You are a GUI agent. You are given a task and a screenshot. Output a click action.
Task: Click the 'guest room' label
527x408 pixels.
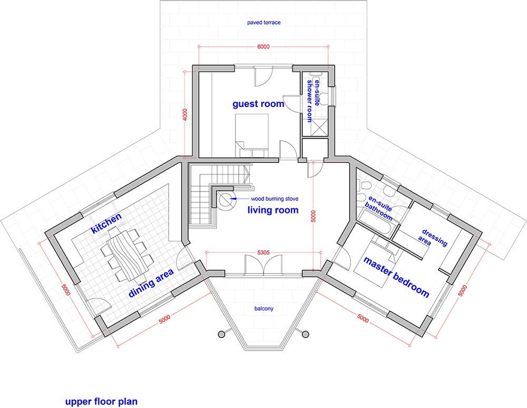point(258,104)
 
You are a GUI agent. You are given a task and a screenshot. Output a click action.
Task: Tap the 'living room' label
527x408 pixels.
point(273,210)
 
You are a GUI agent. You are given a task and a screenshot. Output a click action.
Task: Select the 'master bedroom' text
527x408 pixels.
point(396,277)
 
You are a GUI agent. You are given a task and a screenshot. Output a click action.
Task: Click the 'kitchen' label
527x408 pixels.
point(106,224)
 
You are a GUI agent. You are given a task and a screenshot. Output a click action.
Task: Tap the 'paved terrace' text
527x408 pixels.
point(263,23)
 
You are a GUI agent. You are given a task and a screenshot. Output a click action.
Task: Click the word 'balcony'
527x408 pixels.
point(263,308)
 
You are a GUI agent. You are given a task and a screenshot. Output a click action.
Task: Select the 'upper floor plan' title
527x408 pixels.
point(101,402)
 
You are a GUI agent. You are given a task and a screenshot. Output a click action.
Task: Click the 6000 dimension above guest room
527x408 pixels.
point(263,47)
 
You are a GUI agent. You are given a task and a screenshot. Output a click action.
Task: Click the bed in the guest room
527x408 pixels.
point(252,132)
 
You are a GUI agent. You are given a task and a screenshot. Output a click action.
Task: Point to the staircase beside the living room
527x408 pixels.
point(203,198)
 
